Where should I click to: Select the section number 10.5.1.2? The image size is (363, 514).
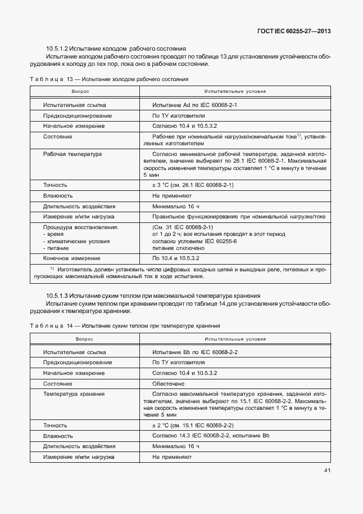tap(57, 48)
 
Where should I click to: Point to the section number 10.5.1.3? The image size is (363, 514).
tap(57, 296)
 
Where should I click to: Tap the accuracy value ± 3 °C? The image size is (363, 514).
tap(162, 185)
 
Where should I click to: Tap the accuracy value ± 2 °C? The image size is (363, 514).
tap(162, 425)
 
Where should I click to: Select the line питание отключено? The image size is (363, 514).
tap(178, 248)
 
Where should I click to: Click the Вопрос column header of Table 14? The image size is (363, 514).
tap(82, 339)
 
